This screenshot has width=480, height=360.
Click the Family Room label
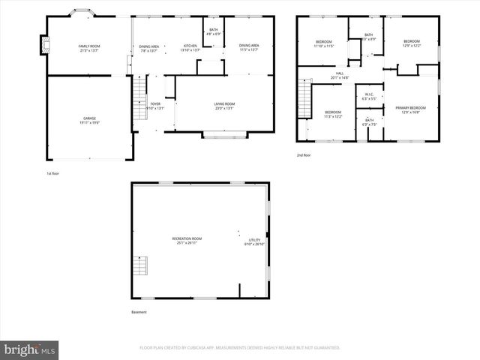coord(89,48)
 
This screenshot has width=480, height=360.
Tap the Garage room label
coord(89,121)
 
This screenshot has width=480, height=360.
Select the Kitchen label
coord(190,48)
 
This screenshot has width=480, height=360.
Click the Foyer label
coord(155,105)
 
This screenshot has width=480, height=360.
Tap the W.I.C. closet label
coord(368,97)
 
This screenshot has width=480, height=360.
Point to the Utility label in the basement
coord(254,242)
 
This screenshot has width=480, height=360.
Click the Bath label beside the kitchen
coord(214,32)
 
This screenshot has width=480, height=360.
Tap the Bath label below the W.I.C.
coord(369,121)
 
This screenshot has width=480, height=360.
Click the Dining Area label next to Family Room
coord(148,48)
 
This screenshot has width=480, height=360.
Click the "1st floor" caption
coord(52,173)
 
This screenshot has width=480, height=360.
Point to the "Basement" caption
coord(139,312)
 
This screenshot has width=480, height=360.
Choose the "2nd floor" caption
coord(303,155)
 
